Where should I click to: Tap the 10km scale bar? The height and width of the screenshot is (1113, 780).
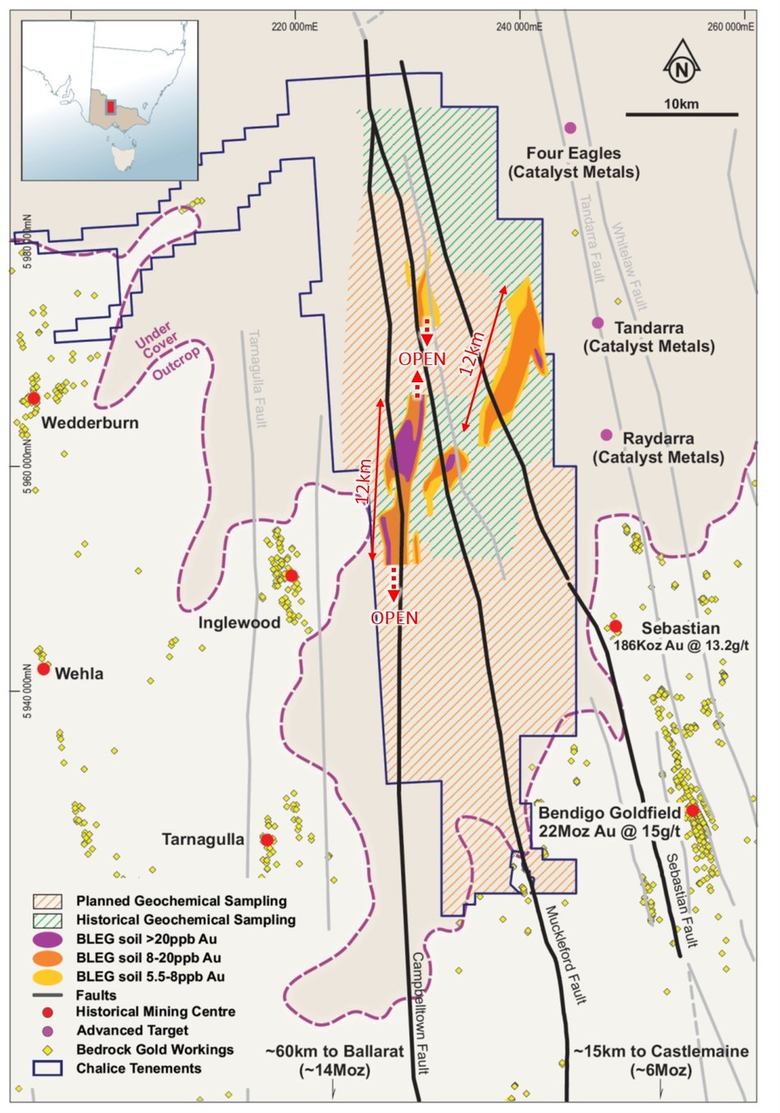(x=681, y=114)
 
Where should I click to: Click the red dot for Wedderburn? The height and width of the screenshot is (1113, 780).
(x=34, y=399)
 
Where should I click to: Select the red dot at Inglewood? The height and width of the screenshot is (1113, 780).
(x=291, y=576)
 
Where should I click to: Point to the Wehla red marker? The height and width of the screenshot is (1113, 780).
(x=44, y=668)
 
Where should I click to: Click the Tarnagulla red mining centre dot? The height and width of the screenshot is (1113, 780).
(x=267, y=840)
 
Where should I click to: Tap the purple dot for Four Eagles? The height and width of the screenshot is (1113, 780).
(x=570, y=127)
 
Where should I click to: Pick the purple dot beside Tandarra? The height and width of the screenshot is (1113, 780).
(x=598, y=323)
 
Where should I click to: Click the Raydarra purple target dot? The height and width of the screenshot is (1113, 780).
(x=607, y=435)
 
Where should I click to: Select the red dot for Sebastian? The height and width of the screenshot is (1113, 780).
(x=616, y=627)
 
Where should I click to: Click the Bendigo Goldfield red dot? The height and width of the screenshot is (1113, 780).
(x=693, y=810)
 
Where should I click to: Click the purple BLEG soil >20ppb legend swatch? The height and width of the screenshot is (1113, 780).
(x=48, y=939)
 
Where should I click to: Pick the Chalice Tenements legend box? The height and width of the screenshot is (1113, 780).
(x=48, y=1069)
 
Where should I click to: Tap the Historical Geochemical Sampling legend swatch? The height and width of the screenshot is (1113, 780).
(x=48, y=920)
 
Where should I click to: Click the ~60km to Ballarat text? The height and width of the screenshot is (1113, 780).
(x=334, y=1051)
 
